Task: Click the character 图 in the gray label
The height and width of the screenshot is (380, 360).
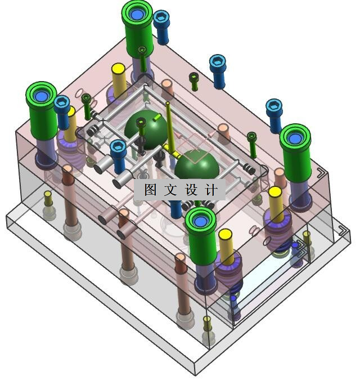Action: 150,190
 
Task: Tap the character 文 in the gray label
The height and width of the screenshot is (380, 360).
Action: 170,190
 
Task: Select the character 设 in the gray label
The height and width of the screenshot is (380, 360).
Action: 191,190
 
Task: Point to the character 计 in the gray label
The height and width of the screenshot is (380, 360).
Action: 211,190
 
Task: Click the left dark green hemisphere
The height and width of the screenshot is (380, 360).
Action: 146,129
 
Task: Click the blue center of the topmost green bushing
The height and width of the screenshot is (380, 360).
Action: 136,14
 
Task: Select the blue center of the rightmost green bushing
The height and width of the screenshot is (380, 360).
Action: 295,138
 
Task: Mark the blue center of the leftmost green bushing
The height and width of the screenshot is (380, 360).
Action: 41,96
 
